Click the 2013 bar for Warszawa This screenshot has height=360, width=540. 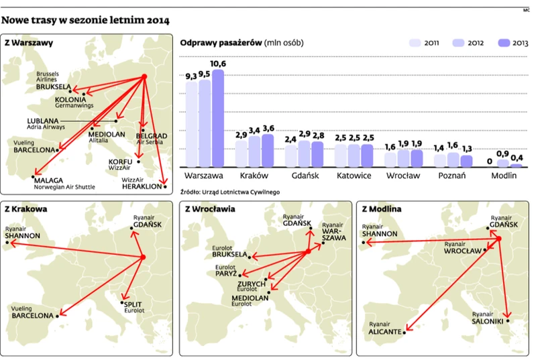click(x=218, y=119)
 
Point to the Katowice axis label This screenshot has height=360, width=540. click(x=354, y=176)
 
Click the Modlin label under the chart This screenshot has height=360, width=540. click(x=503, y=176)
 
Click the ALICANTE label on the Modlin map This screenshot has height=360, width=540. click(x=384, y=332)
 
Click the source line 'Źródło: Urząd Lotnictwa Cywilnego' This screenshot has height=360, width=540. click(x=230, y=191)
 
